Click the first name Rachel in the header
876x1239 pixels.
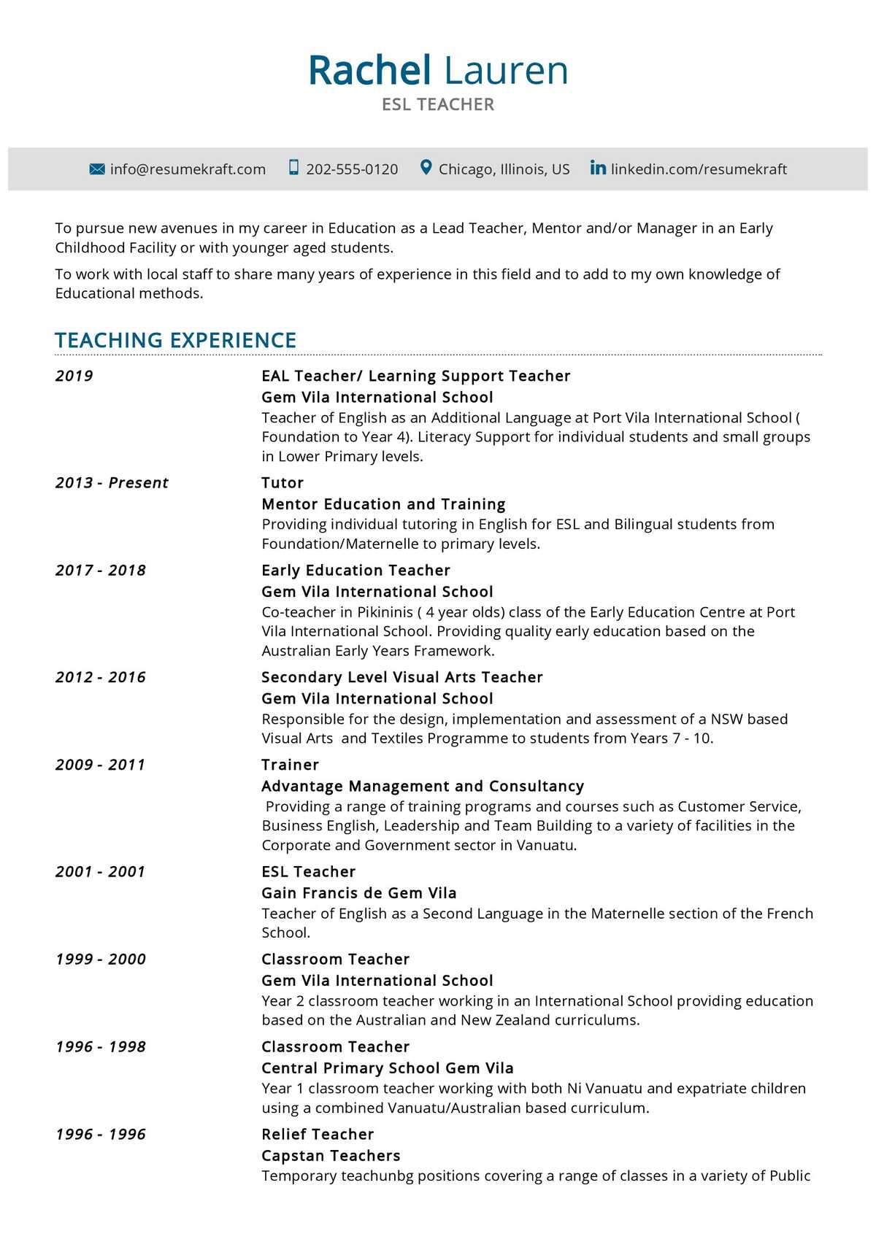[x=369, y=71]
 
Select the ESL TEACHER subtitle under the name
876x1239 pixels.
[x=438, y=104]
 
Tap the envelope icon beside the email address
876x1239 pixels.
[x=97, y=169]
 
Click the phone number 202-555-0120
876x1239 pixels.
[x=352, y=169]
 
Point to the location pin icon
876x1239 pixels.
[x=426, y=168]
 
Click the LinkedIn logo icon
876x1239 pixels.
[x=598, y=168]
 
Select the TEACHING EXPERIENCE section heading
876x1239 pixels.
[x=175, y=340]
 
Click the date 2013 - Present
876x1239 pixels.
[x=112, y=482]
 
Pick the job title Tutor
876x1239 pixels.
[x=283, y=482]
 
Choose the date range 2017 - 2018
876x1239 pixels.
[x=101, y=570]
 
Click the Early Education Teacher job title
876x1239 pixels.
[x=356, y=570]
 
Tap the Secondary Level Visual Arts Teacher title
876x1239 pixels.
[x=402, y=677]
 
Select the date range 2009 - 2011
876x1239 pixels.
[x=101, y=765]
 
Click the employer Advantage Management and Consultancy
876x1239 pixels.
[x=423, y=786]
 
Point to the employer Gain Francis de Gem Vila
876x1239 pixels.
[x=359, y=892]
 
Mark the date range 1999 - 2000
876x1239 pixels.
[x=101, y=959]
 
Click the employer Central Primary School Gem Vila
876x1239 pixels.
[x=388, y=1068]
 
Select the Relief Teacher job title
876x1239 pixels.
[x=318, y=1134]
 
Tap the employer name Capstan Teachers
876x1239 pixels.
[x=331, y=1155]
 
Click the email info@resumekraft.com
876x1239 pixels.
[x=188, y=169]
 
